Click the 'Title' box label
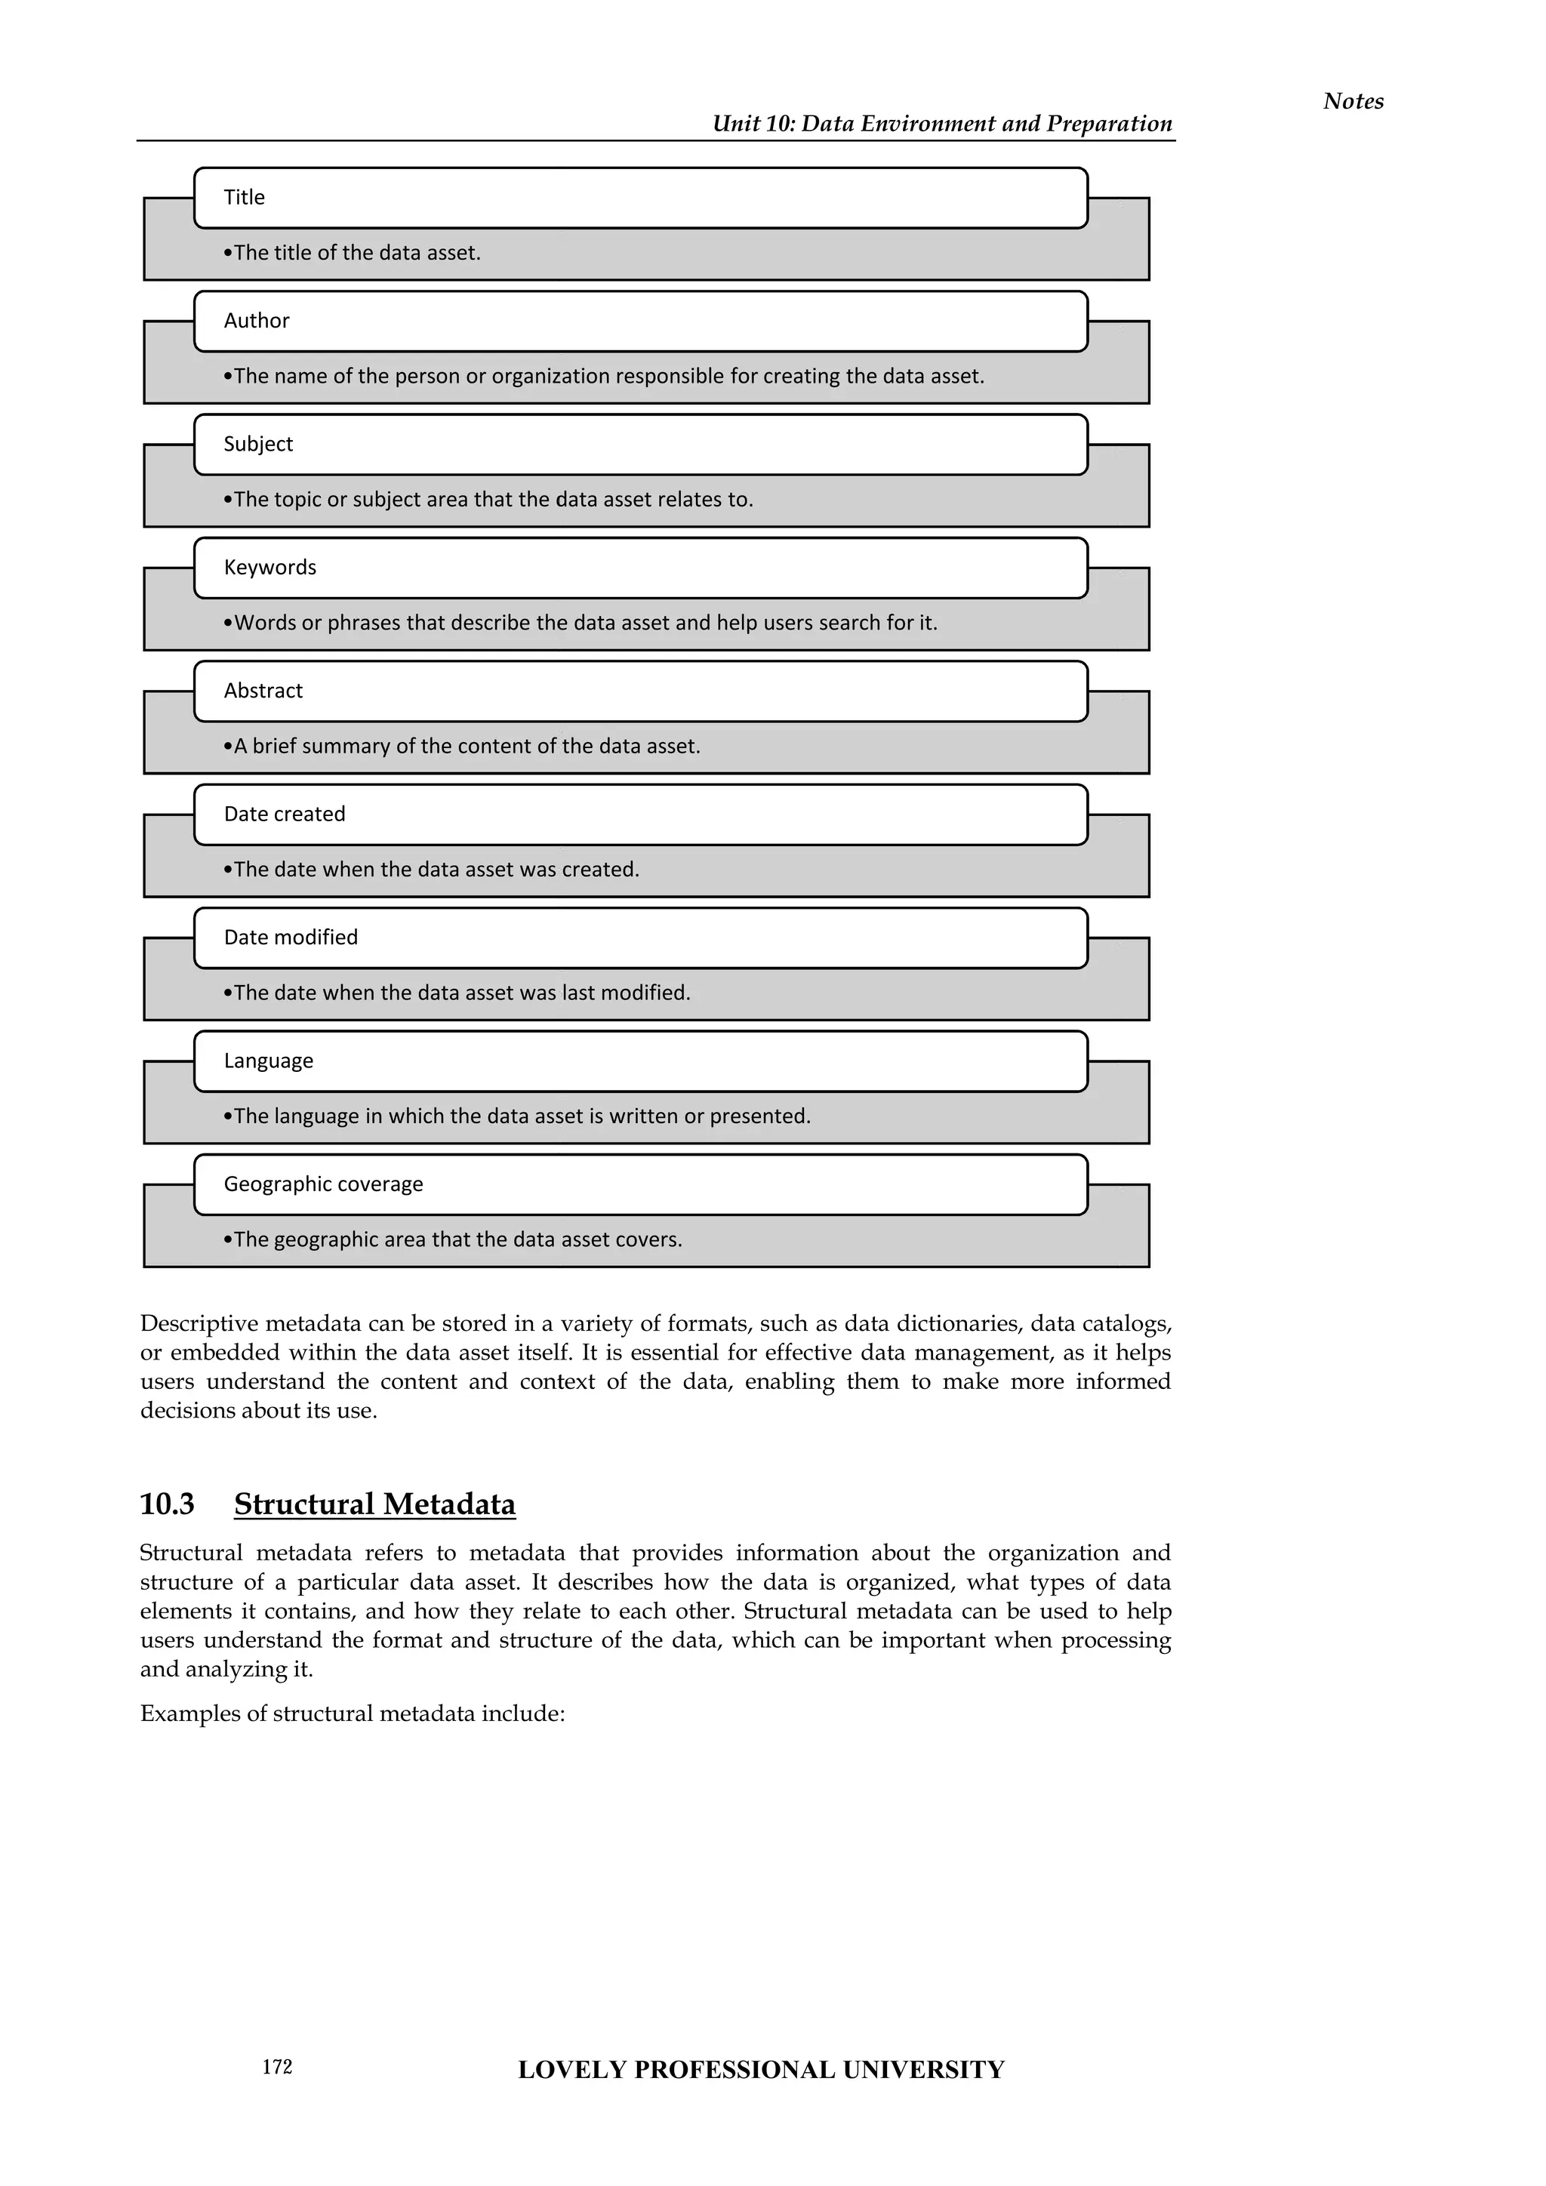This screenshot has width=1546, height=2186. [x=245, y=197]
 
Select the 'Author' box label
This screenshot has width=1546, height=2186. [x=256, y=321]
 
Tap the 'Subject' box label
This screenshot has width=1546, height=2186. [x=258, y=444]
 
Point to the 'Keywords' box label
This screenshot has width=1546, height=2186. [x=269, y=568]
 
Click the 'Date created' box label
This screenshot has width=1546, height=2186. [x=284, y=814]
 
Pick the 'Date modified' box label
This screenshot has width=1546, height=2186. [x=291, y=937]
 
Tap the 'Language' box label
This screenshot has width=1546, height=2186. [x=269, y=1061]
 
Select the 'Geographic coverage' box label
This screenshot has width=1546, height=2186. [x=323, y=1184]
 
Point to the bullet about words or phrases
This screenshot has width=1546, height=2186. [x=581, y=623]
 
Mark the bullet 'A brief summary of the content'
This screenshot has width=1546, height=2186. [x=463, y=747]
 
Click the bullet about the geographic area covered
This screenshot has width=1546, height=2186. [x=453, y=1239]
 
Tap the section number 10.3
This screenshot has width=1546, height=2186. [x=167, y=1504]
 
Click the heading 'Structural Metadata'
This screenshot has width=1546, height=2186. [x=374, y=1504]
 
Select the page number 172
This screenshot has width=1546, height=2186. [x=277, y=2066]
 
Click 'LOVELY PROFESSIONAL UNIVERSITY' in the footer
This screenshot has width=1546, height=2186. [x=761, y=2070]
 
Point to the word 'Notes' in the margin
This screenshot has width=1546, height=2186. [x=1353, y=101]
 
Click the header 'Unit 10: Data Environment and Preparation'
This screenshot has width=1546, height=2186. [x=941, y=124]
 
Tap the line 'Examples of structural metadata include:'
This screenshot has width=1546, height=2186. [x=353, y=1713]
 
